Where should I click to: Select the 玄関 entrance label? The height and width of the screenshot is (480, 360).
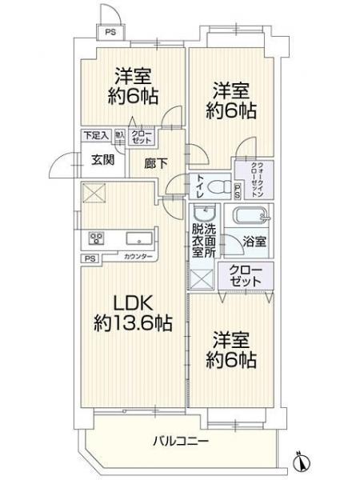(x=101, y=160)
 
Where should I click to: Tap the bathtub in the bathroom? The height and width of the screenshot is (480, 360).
(x=251, y=218)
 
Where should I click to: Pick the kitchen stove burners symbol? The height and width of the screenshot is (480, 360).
(x=97, y=238)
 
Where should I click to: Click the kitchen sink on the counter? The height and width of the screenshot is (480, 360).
(x=134, y=238)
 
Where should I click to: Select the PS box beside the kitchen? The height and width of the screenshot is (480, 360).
(x=90, y=258)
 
